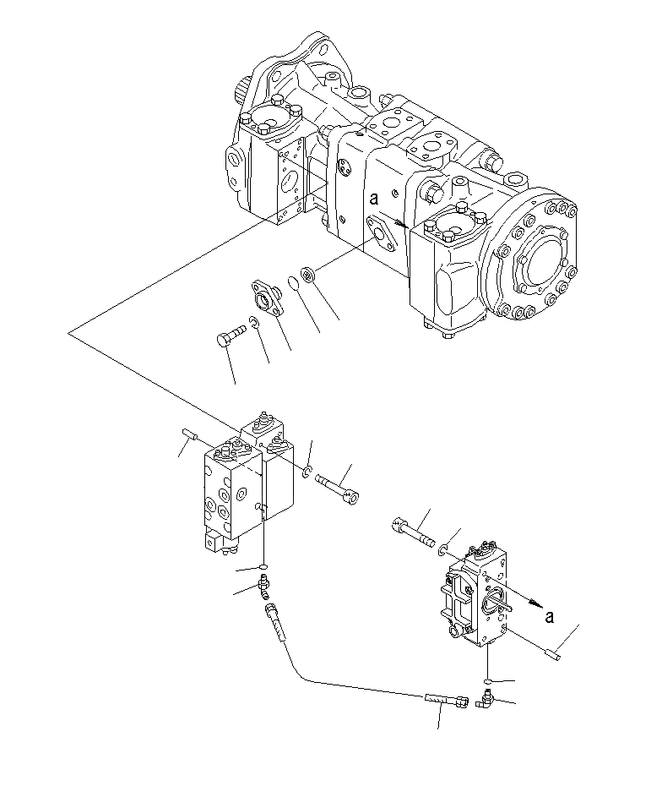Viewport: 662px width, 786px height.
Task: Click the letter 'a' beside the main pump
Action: tap(372, 200)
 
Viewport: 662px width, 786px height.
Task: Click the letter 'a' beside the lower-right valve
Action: tap(550, 616)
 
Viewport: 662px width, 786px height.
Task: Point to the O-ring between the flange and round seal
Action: tap(293, 281)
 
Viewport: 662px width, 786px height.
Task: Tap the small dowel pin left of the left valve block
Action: tap(190, 435)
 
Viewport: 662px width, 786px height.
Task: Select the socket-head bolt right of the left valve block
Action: tap(339, 489)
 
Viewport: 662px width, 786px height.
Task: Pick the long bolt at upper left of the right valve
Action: tap(415, 531)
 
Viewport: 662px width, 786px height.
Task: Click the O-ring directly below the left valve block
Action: tap(264, 566)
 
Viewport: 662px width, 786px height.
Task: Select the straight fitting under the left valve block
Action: tap(265, 583)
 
